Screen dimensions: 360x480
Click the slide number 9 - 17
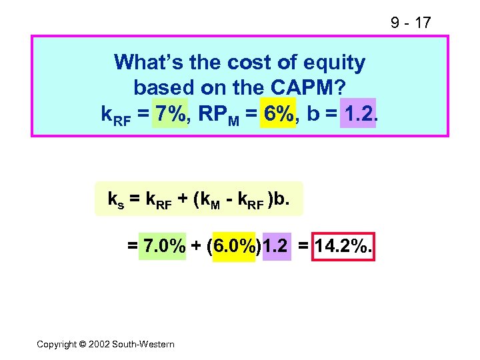(x=411, y=23)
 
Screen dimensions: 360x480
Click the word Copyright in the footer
(x=57, y=344)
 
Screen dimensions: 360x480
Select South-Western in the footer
(x=143, y=344)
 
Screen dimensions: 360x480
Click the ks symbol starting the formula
(x=115, y=199)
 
